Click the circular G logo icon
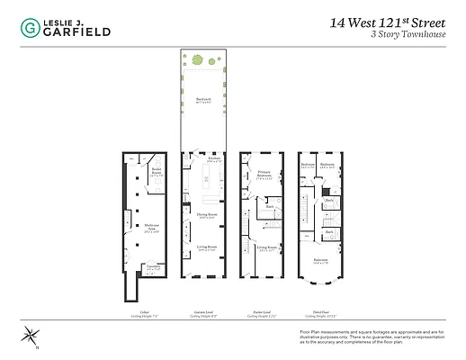point(28,27)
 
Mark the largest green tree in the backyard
point(197,59)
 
